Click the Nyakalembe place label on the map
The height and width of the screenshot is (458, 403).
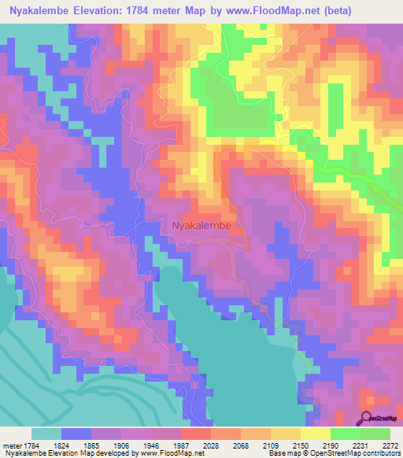pyautogui.click(x=201, y=225)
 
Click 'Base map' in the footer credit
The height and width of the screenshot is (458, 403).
pyautogui.click(x=282, y=453)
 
